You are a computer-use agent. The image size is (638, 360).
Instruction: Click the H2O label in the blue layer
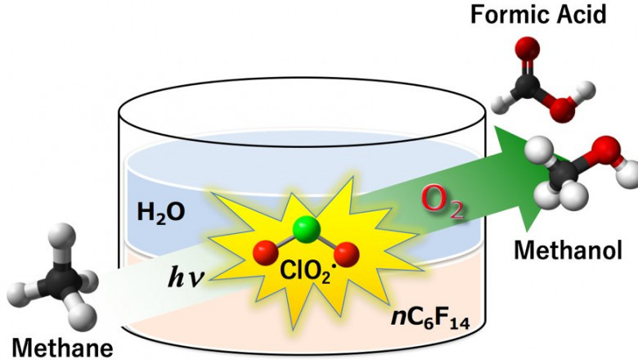coord(161,214)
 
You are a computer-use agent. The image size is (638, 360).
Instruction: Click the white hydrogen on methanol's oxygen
coord(630,173)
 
